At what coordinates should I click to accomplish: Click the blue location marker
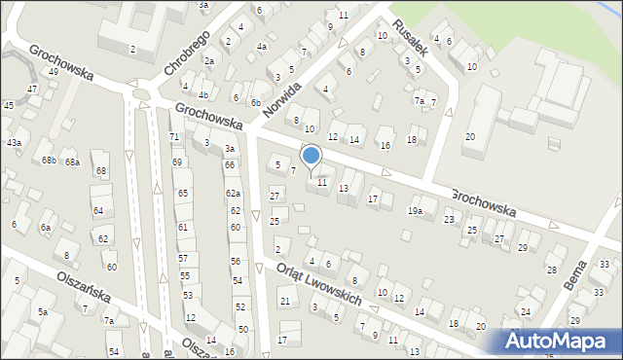(x=311, y=156)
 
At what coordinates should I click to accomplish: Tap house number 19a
(x=416, y=211)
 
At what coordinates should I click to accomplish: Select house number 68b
(x=49, y=160)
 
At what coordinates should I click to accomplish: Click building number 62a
(x=233, y=194)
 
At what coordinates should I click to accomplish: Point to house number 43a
(x=14, y=142)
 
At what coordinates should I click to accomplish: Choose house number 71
(x=174, y=137)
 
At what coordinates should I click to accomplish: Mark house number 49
(x=54, y=72)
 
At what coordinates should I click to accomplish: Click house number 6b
(x=255, y=102)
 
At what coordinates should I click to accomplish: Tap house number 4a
(x=261, y=47)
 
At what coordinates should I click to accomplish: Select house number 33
(x=605, y=265)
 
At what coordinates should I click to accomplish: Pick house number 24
(x=526, y=311)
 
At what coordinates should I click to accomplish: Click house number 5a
(x=42, y=311)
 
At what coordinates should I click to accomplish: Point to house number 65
(x=182, y=194)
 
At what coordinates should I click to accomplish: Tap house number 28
(x=551, y=270)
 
